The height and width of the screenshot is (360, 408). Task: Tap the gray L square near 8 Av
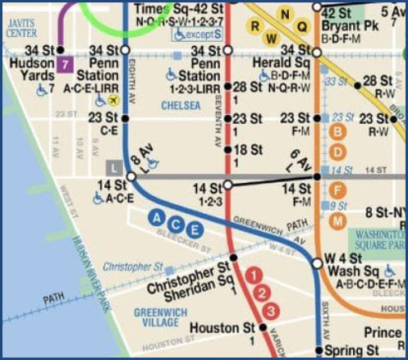(x=116, y=167)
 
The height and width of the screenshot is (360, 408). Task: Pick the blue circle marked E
(x=194, y=230)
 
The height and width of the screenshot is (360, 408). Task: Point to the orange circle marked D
(x=338, y=152)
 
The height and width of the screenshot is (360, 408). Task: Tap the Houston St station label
(x=223, y=328)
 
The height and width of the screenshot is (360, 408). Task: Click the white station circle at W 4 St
(x=317, y=263)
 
